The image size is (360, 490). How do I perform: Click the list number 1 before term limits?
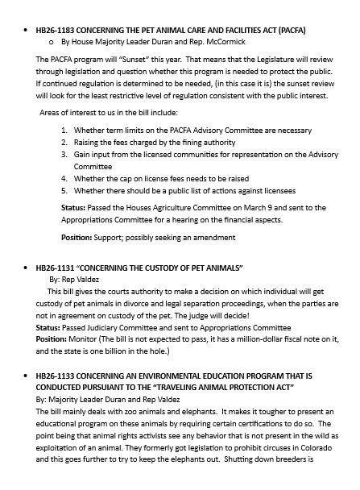pyautogui.click(x=64, y=129)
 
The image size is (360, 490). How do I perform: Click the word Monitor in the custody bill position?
pyautogui.click(x=89, y=340)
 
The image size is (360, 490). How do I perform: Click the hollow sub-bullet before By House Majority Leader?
pyautogui.click(x=52, y=40)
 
